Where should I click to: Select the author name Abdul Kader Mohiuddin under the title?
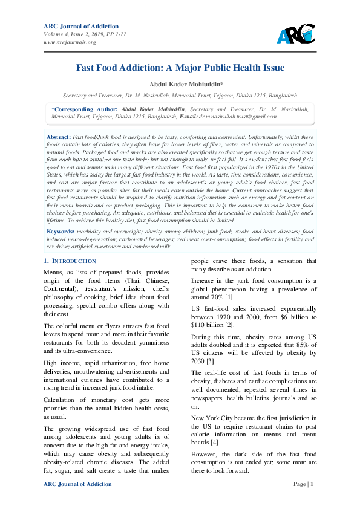tap(180, 84)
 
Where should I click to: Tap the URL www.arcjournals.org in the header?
tap(70, 42)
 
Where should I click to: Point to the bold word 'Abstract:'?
tap(59, 138)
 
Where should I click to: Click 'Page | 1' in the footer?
tap(304, 484)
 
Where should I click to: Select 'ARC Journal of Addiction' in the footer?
tap(78, 484)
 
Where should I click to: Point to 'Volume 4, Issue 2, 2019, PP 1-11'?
tap(85, 34)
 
